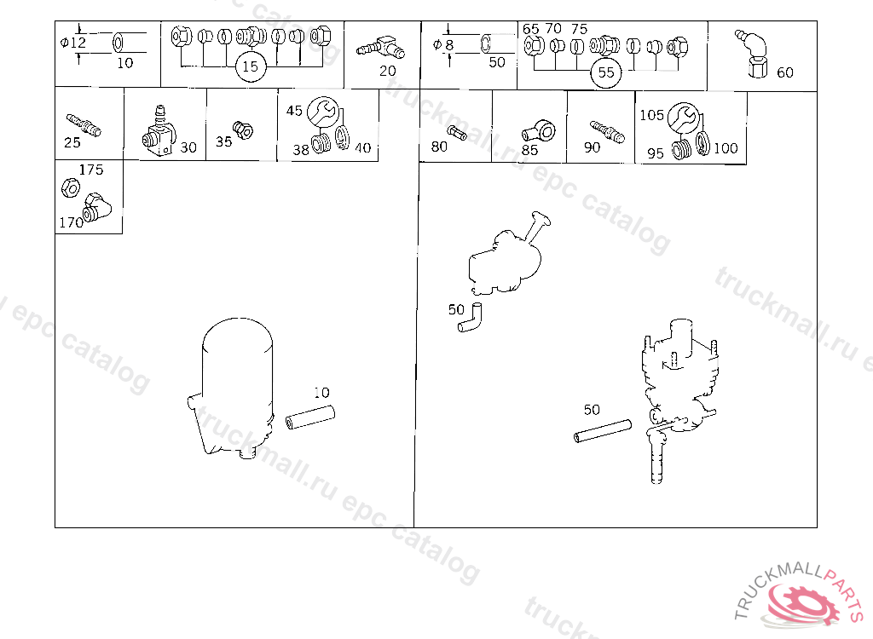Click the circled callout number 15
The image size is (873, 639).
click(251, 66)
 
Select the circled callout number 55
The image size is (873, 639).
click(606, 72)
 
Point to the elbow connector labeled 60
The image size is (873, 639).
click(754, 55)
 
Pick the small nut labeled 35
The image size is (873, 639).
click(243, 130)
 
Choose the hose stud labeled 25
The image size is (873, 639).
click(84, 125)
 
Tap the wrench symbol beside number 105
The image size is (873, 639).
click(683, 118)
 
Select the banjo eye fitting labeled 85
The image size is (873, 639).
click(539, 132)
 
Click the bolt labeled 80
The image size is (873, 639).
click(457, 133)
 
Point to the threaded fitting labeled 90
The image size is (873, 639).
click(607, 131)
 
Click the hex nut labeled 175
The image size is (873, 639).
click(71, 187)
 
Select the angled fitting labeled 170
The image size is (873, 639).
click(96, 208)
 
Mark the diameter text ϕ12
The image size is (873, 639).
click(73, 43)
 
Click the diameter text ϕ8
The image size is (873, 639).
click(443, 45)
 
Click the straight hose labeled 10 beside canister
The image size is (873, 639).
click(309, 417)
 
